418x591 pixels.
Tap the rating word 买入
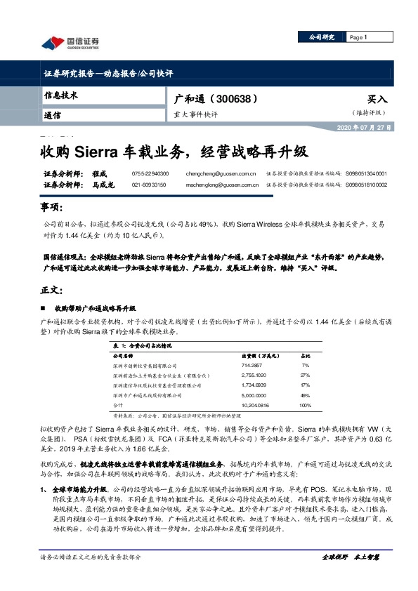377,100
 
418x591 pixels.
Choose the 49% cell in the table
305,395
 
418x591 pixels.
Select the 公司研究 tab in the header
322,37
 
